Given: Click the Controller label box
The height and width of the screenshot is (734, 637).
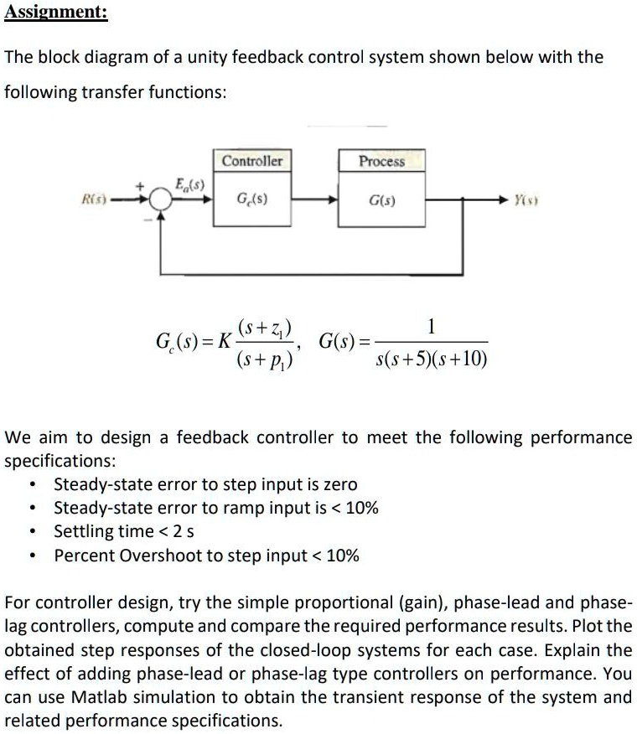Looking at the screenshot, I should coord(252,161).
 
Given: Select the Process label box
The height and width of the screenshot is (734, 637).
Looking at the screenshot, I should coord(381,161).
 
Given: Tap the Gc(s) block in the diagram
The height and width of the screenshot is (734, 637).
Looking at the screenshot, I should coord(252,201).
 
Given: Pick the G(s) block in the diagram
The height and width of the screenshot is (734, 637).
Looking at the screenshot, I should coord(381,201).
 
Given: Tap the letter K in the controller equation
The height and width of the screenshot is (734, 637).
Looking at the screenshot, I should coord(224,342).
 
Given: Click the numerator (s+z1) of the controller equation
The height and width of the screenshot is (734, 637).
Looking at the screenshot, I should coord(265,328).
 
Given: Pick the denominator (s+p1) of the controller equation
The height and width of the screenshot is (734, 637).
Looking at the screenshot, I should coord(265,359).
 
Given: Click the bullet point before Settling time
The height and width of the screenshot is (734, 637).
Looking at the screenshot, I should coord(32,531).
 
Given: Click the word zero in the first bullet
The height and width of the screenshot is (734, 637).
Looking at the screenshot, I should coord(338,484).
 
